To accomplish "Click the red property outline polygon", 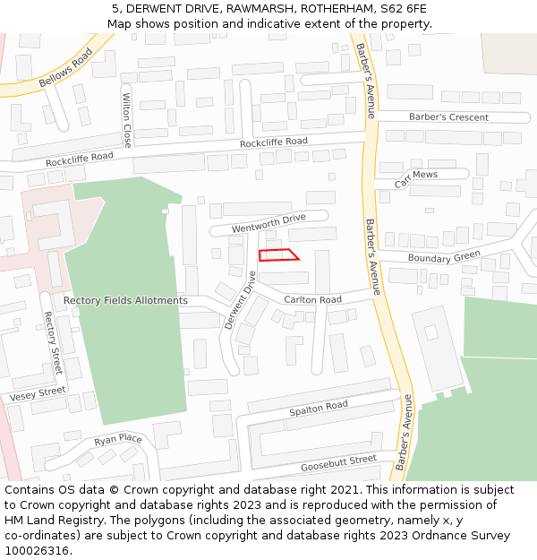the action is tap(278, 255).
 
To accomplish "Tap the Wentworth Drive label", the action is tap(268, 223).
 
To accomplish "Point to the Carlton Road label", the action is tap(312, 299).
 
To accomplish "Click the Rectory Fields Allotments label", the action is tap(125, 300).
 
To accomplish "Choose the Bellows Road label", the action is tap(65, 69).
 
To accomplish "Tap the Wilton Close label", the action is tap(127, 121).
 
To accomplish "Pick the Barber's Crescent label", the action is tap(448, 117).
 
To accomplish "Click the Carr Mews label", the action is tap(416, 175).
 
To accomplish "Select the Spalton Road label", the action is tap(318, 407).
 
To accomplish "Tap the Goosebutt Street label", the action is tap(338, 461).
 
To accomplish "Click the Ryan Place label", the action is tap(118, 439).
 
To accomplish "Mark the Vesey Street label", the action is tap(38, 393).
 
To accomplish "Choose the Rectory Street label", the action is tap(53, 343).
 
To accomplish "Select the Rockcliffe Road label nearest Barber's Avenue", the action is tap(273, 142).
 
